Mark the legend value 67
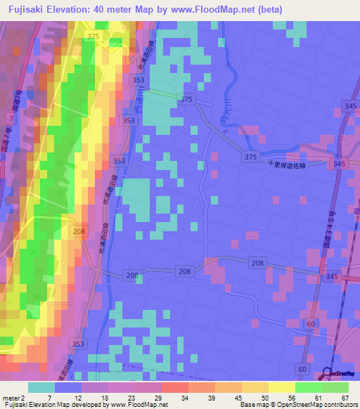pyautogui.click(x=345, y=397)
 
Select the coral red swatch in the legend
pyautogui.click(x=174, y=387)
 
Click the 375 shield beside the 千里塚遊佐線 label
pyautogui.click(x=251, y=156)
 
